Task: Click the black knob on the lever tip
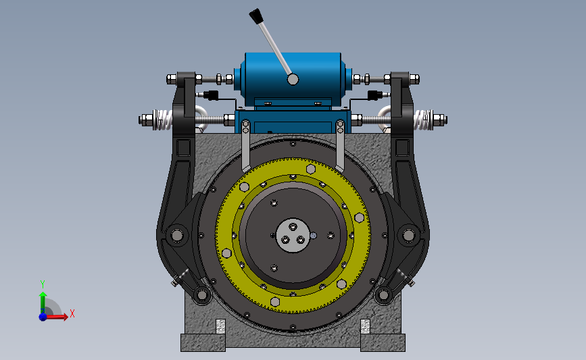tap(256, 16)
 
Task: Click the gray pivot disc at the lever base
tap(293, 79)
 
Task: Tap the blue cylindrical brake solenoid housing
tap(293, 78)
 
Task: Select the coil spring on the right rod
tap(423, 120)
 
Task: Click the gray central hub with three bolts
tap(293, 236)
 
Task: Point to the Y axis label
tap(43, 284)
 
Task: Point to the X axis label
tap(72, 313)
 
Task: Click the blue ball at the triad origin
tap(43, 317)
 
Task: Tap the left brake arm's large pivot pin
tap(177, 235)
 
